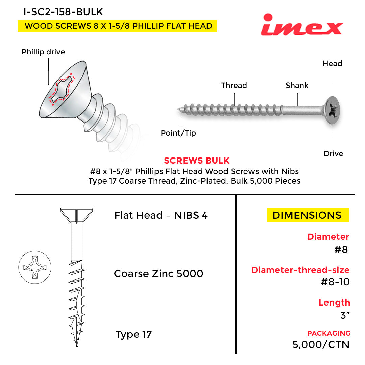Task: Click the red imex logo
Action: pos(302,25)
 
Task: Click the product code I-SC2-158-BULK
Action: pos(63,12)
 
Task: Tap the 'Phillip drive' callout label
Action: pos(43,52)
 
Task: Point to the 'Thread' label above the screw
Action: pos(234,86)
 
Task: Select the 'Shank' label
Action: pos(297,86)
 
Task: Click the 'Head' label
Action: pos(333,63)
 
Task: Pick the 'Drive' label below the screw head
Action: pos(333,154)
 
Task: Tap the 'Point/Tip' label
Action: pos(178,133)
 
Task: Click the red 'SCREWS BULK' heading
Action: pos(197,161)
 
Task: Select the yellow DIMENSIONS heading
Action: pos(308,215)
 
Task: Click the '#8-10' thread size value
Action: pos(335,282)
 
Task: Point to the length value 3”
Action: pos(345,315)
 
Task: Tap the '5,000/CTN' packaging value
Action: pos(321,345)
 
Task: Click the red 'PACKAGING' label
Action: pos(329,333)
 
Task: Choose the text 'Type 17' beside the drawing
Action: pos(133,335)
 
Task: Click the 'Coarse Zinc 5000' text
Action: pos(159,274)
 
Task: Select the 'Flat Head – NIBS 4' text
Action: pos(161,215)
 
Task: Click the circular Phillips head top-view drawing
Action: pos(35,267)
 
